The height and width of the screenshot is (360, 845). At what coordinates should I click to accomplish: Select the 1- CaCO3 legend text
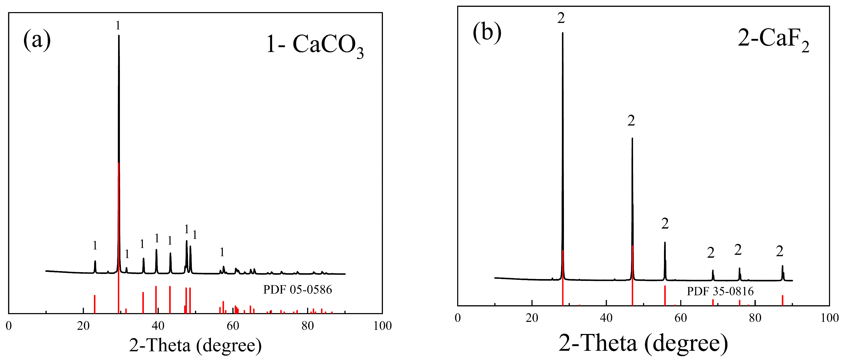tap(315, 45)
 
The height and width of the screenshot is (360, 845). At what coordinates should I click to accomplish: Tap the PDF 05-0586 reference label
tap(298, 289)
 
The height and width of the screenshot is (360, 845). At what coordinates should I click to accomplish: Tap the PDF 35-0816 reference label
tap(720, 291)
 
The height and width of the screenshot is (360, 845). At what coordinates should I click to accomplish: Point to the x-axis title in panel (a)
tap(195, 345)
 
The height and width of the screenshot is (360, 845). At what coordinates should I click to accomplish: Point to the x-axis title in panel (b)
tap(643, 344)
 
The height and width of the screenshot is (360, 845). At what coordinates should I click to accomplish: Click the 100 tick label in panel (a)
tap(382, 325)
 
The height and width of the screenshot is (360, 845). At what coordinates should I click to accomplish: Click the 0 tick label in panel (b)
tap(458, 318)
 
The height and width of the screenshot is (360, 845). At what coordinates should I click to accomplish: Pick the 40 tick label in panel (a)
tap(158, 325)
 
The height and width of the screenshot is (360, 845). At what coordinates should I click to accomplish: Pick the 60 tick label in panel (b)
tap(681, 318)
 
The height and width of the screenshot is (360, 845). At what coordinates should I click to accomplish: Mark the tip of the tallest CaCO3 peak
tap(119, 35)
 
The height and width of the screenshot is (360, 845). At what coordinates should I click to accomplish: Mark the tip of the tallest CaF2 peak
tap(563, 33)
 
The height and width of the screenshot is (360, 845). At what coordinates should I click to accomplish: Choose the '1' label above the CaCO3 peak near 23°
tap(95, 245)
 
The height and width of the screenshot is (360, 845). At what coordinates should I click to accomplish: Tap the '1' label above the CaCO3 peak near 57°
tap(222, 252)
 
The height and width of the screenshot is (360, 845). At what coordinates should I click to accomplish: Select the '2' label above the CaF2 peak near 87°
tap(780, 252)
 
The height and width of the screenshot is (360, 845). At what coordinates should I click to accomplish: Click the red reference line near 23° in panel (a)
tap(94, 304)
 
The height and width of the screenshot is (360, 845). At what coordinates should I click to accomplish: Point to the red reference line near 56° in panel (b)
tap(665, 295)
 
